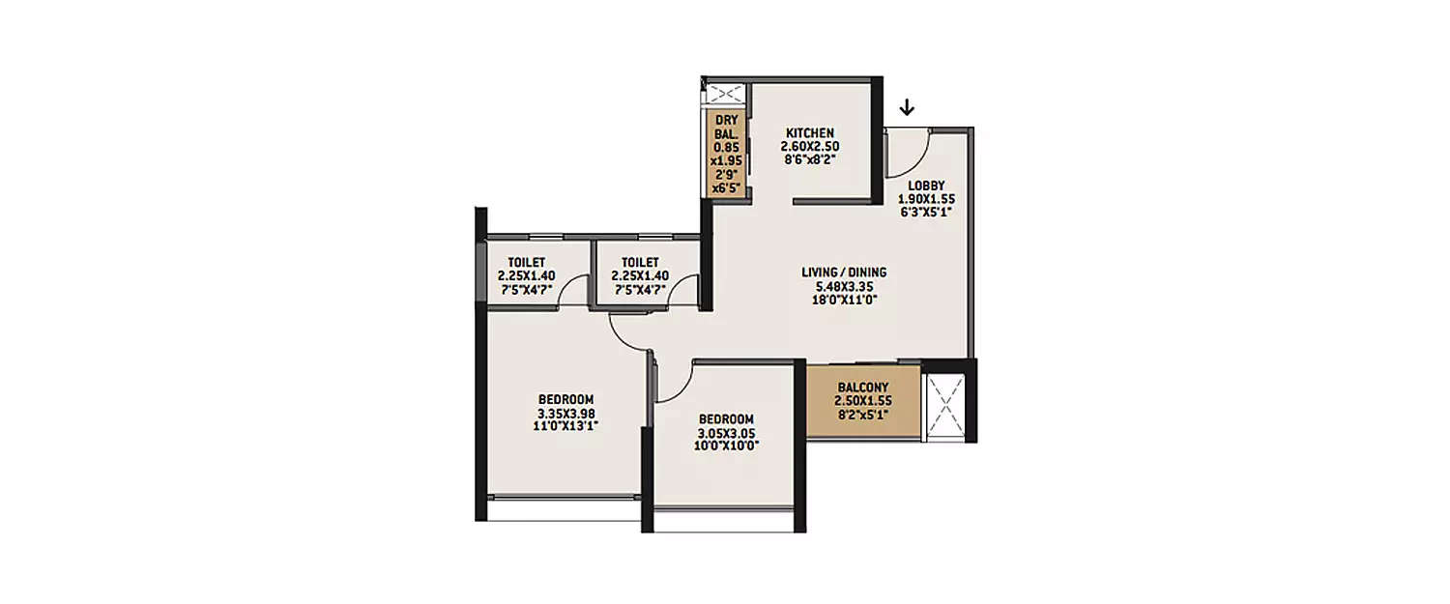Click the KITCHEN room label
pyautogui.click(x=809, y=133)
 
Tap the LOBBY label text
pyautogui.click(x=926, y=187)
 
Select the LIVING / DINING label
pyautogui.click(x=844, y=273)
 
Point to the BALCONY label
pyautogui.click(x=863, y=388)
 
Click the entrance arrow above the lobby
pyautogui.click(x=906, y=106)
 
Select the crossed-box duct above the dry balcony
pyautogui.click(x=725, y=94)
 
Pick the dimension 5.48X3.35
pyautogui.click(x=844, y=286)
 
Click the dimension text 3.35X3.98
pyautogui.click(x=565, y=413)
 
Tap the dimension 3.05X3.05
pyautogui.click(x=726, y=432)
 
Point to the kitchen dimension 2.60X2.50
pyautogui.click(x=809, y=147)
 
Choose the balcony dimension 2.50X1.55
pyautogui.click(x=863, y=401)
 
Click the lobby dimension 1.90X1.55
pyautogui.click(x=926, y=200)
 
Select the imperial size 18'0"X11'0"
pyautogui.click(x=844, y=300)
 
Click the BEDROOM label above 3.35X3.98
pyautogui.click(x=565, y=399)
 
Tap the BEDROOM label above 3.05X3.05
pyautogui.click(x=726, y=418)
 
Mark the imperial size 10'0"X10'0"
pyautogui.click(x=726, y=446)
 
